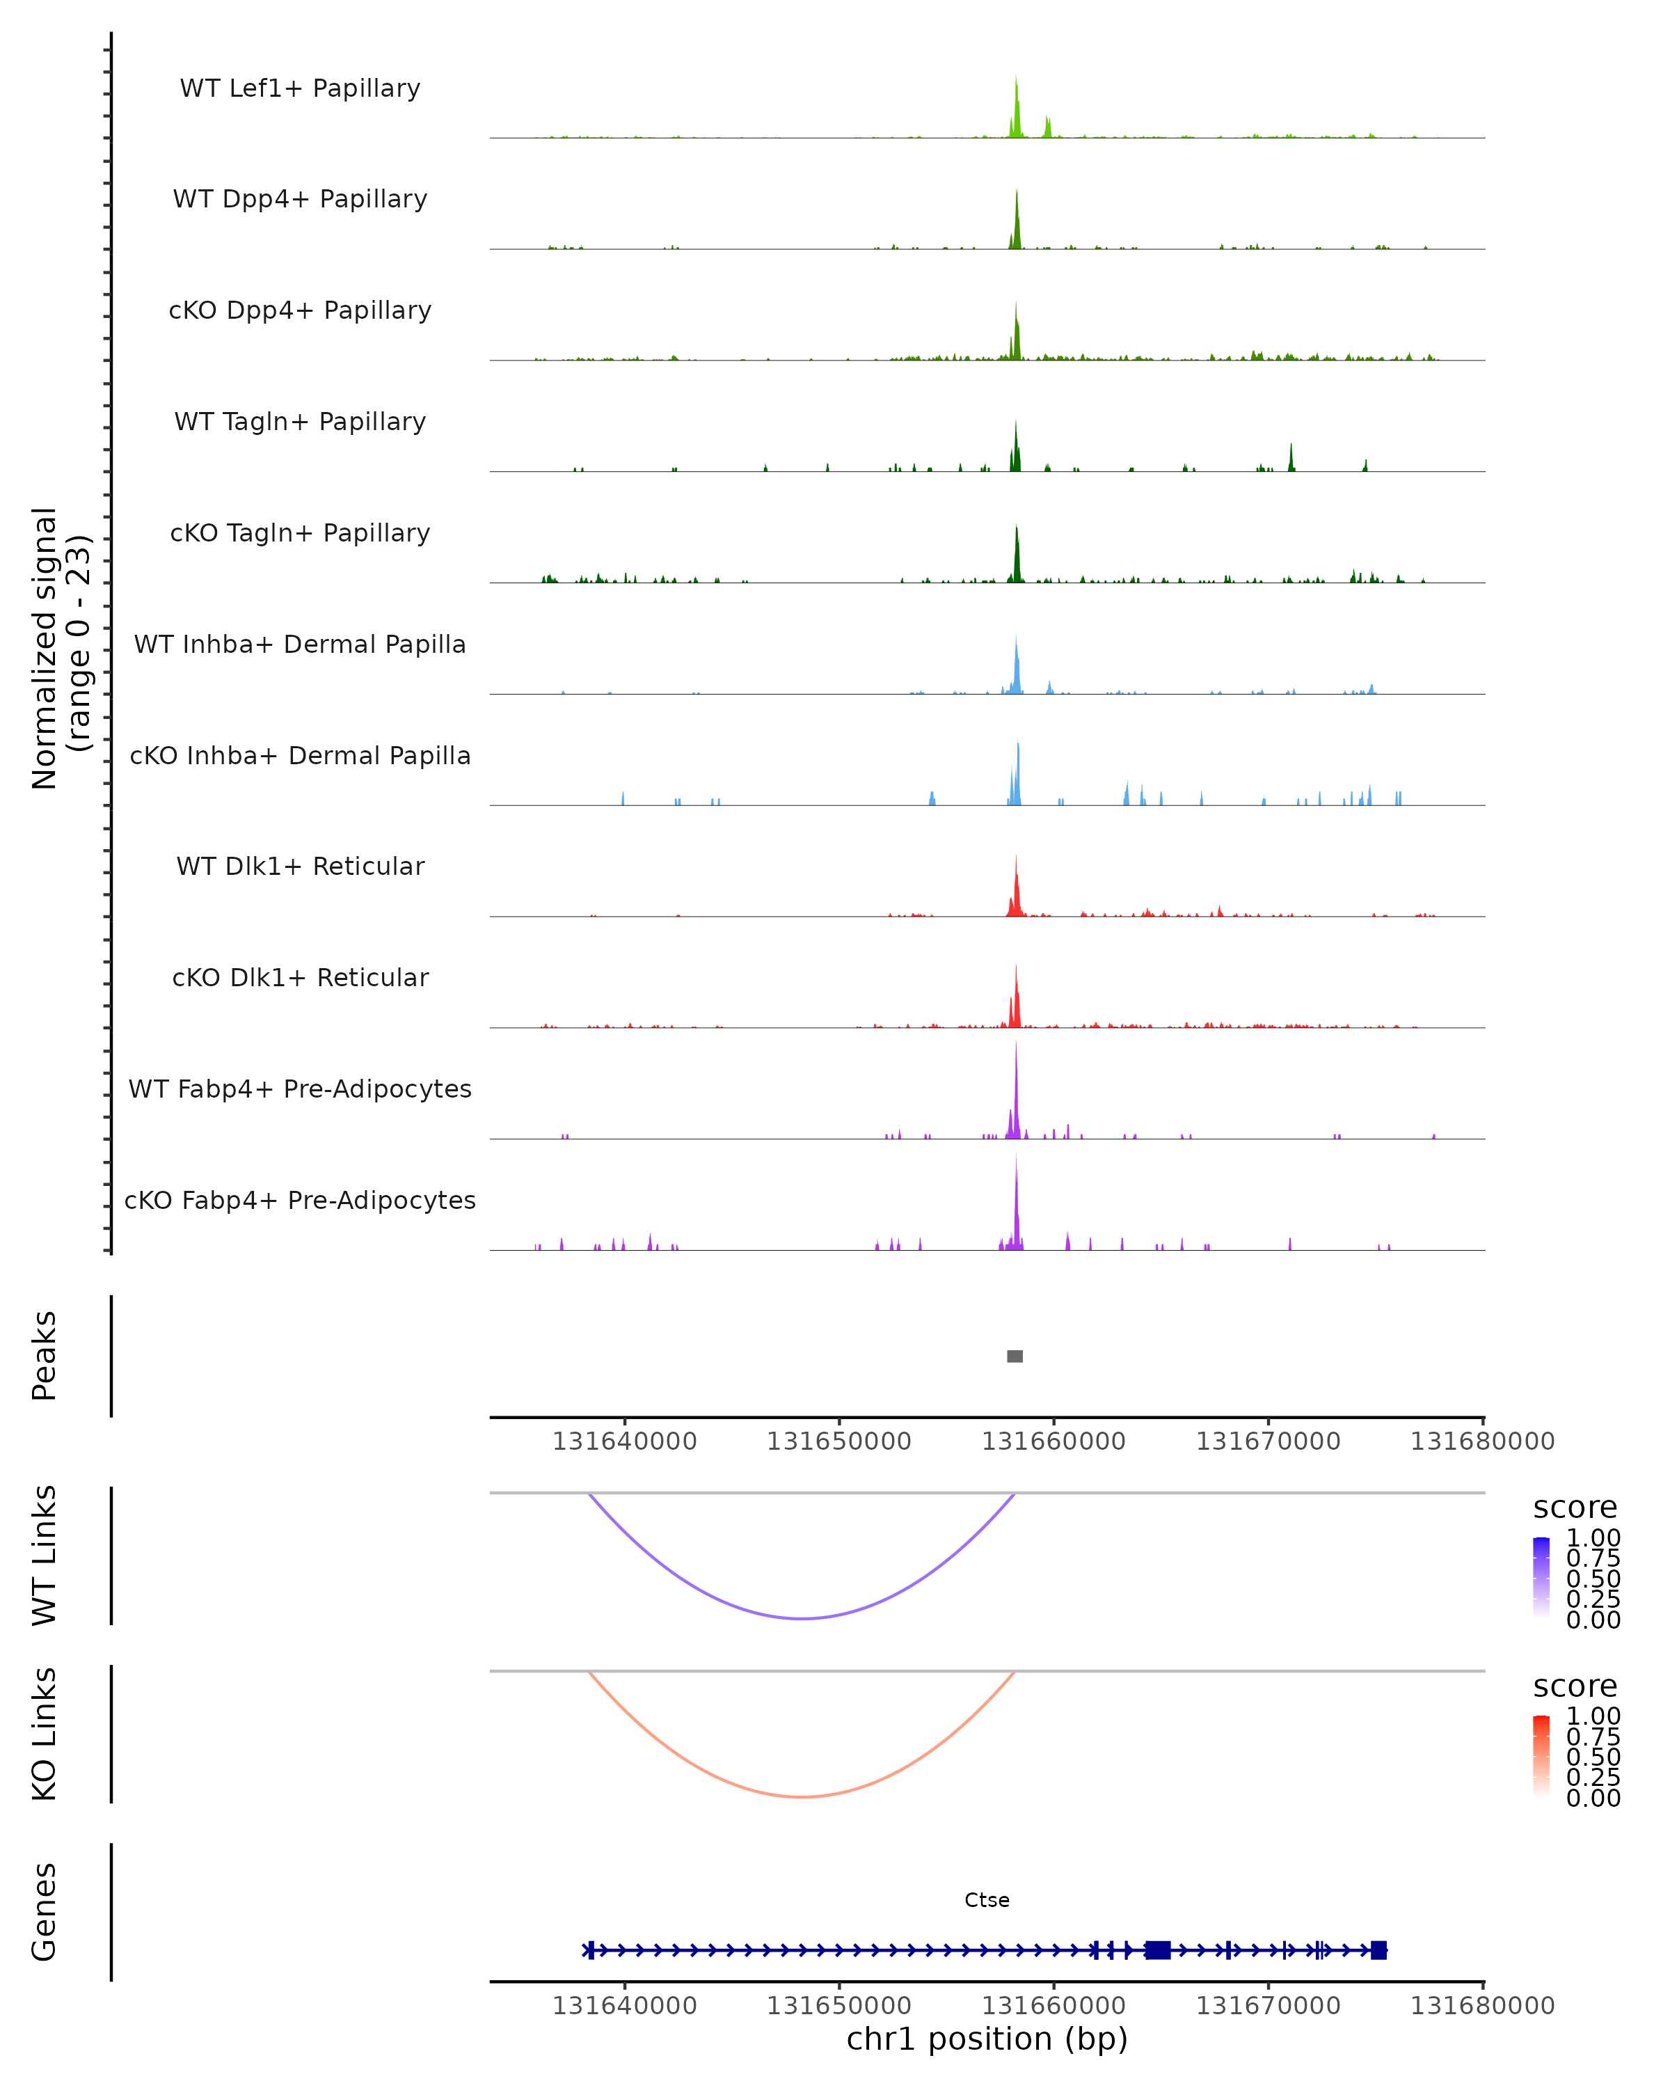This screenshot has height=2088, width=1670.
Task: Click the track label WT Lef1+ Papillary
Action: tap(300, 88)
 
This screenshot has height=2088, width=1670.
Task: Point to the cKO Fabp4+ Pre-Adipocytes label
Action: tap(300, 1200)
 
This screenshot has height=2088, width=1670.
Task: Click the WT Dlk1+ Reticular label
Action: tap(300, 866)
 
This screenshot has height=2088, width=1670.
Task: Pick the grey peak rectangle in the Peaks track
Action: tap(1015, 1356)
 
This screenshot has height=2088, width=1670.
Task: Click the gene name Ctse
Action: tap(987, 1900)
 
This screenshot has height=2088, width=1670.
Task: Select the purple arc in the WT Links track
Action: tap(802, 1618)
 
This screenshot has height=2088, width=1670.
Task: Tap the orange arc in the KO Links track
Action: tap(802, 1796)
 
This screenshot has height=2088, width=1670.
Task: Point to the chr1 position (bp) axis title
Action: tap(987, 2039)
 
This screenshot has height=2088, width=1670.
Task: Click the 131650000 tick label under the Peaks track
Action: tap(838, 1441)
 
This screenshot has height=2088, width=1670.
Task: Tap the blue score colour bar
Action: tap(1541, 1576)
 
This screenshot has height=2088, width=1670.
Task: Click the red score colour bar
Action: tap(1541, 1754)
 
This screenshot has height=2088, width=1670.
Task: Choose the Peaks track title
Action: tap(44, 1356)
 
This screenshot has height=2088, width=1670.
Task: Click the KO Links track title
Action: tap(44, 1734)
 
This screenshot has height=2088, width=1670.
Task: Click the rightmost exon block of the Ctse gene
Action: tap(1378, 1950)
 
